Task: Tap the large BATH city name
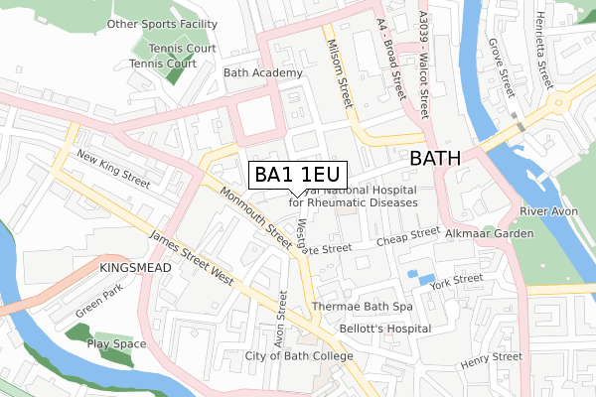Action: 443,158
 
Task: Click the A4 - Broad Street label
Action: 388,60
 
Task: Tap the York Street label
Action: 464,282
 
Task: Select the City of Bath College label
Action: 299,356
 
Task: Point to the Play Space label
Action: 116,344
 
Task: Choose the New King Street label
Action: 112,172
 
